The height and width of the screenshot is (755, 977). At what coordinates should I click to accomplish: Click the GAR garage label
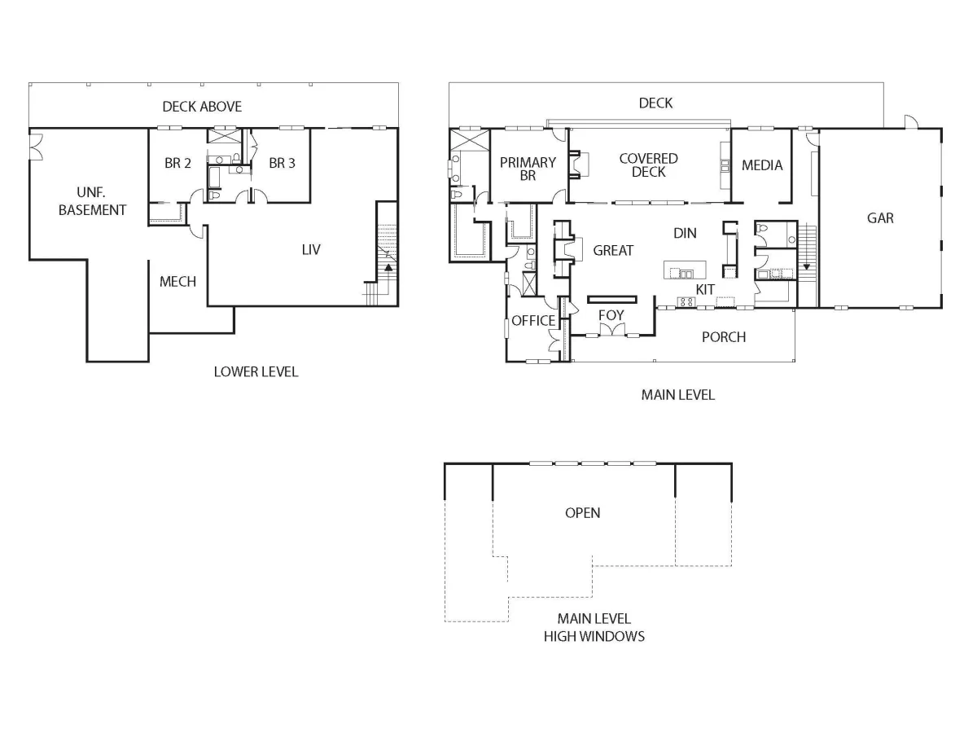coord(880,218)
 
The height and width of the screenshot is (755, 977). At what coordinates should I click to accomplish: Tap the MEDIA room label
coord(761,165)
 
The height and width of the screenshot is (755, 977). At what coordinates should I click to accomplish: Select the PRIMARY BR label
coord(528,169)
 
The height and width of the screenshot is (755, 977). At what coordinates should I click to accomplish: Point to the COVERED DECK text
coord(648,165)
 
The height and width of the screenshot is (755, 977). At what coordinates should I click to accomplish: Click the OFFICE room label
coord(533,321)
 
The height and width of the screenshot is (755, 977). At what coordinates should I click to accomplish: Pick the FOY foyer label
coord(611,315)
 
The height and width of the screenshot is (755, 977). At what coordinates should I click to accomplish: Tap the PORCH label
coord(724,337)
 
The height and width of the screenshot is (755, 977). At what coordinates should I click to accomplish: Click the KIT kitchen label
coord(705,290)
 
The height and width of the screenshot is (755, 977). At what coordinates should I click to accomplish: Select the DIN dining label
coord(685,233)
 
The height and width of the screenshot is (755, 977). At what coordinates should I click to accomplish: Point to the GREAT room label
coord(613,251)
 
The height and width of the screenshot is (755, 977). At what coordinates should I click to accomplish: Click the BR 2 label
coord(177,163)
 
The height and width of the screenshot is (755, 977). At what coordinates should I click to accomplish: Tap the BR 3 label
coord(282,163)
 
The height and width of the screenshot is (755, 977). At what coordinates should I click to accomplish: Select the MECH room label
coord(177,282)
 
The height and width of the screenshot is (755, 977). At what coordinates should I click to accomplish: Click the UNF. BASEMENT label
coord(92,201)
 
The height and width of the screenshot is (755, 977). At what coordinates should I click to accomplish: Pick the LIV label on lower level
coord(311,249)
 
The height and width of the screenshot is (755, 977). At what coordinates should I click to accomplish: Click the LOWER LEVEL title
coord(256,372)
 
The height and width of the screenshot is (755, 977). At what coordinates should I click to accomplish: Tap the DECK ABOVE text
coord(202,107)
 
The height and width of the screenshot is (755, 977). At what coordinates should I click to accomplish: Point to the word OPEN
coord(582,512)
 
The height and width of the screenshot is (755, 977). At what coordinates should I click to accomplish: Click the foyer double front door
coord(612,330)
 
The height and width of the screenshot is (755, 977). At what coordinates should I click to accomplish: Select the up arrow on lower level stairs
coord(388,267)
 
